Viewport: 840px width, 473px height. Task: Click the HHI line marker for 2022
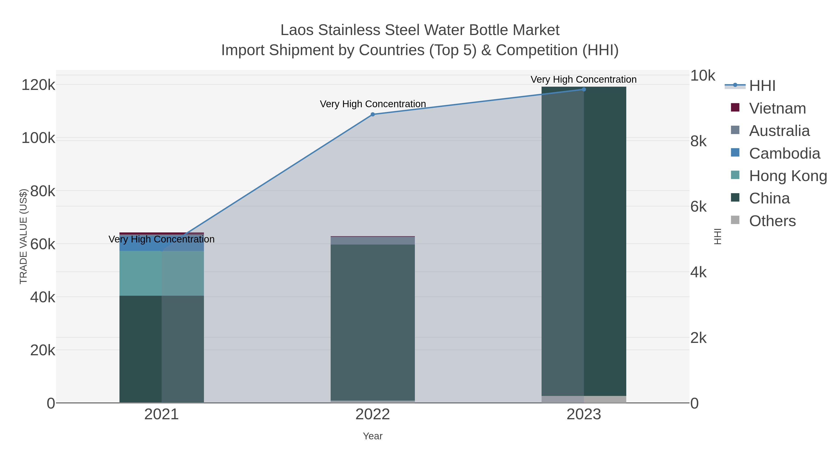[x=373, y=114]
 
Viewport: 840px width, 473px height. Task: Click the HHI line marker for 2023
[x=584, y=89]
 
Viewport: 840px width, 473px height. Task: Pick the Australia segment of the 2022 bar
[x=373, y=241]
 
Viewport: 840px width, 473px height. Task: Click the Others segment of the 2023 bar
[x=584, y=399]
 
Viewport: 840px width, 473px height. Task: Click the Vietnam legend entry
[x=777, y=108]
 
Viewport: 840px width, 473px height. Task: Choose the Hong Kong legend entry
[x=787, y=176]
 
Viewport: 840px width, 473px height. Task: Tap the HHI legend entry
[x=762, y=86]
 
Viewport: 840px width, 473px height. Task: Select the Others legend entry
[x=772, y=221]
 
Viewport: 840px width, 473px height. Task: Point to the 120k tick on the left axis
[x=38, y=85]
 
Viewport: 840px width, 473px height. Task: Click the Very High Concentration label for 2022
[x=373, y=104]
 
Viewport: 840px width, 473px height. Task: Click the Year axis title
[x=373, y=436]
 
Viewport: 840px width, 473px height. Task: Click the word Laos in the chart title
[x=297, y=30]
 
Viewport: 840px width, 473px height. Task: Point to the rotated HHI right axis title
[x=718, y=236]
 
